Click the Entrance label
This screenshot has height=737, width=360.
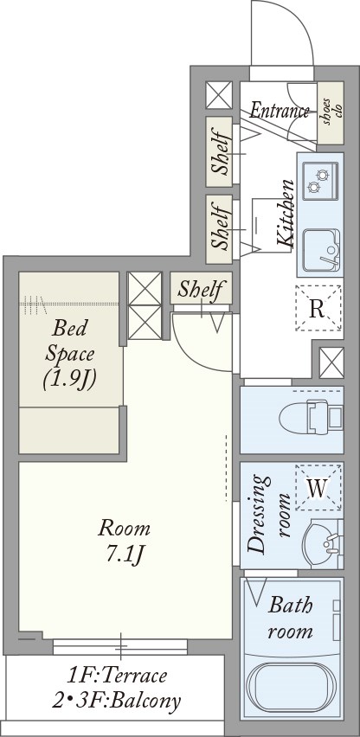(x=280, y=111)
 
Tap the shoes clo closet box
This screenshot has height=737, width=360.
(x=331, y=112)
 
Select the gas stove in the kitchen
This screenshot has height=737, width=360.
(x=320, y=180)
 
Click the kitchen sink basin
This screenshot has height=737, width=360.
(x=321, y=250)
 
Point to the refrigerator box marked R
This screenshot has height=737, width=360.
(x=318, y=308)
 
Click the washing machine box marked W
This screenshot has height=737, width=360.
(x=318, y=487)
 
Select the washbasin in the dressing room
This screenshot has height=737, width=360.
(x=323, y=543)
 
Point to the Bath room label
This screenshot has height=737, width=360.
(x=291, y=617)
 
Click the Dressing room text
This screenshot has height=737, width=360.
(x=270, y=514)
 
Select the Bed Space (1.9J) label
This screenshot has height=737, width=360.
(x=70, y=354)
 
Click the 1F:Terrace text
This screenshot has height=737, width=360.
(x=117, y=676)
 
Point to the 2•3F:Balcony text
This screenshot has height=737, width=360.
(x=116, y=701)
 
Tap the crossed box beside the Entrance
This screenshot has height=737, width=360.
(x=219, y=95)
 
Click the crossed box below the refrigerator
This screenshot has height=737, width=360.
(x=331, y=362)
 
